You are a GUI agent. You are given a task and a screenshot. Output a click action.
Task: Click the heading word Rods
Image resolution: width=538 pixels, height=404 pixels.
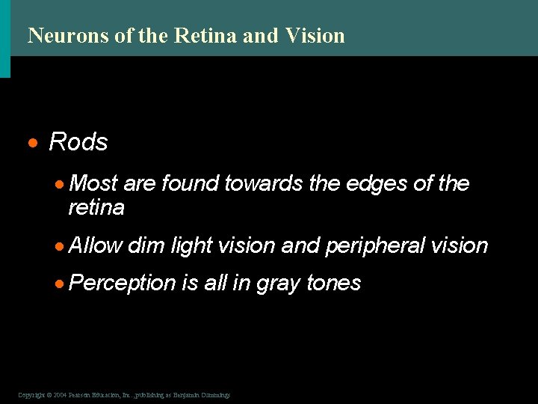tap(78, 142)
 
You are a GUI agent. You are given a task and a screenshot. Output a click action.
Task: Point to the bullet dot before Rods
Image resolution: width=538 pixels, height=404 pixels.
tap(34, 143)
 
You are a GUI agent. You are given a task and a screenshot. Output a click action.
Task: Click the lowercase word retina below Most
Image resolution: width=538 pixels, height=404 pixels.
tap(96, 207)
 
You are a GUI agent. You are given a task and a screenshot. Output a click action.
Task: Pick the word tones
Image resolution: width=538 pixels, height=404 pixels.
tap(334, 283)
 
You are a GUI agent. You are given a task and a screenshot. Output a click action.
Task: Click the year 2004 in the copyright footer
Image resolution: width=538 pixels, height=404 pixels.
tap(61, 394)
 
